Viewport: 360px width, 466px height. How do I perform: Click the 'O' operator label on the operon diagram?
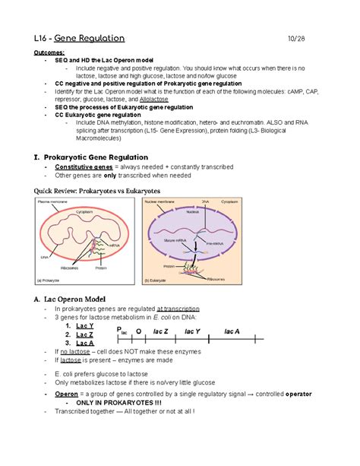(137, 331)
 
